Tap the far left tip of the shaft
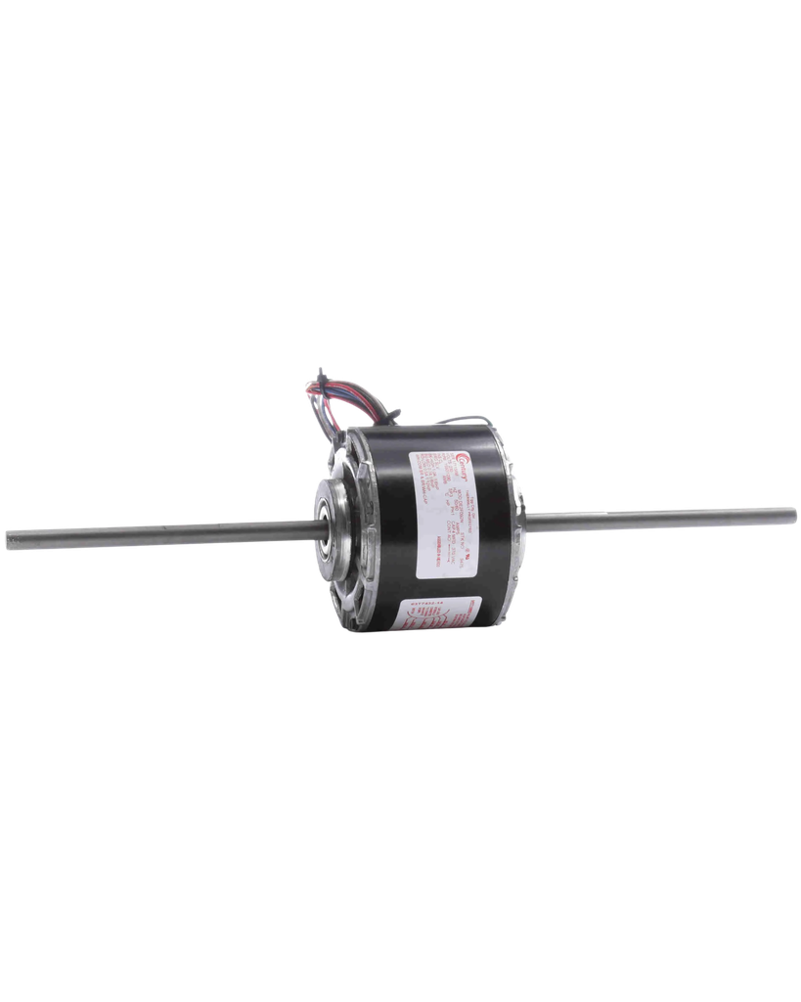[6, 539]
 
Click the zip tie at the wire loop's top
[321, 373]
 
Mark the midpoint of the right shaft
[660, 516]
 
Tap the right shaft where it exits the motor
[533, 520]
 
